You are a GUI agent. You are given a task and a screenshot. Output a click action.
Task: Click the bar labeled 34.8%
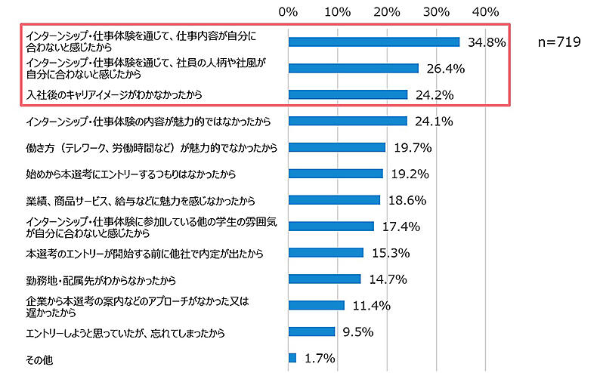tap(374, 42)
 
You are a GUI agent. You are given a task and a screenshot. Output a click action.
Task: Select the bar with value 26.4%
tap(353, 69)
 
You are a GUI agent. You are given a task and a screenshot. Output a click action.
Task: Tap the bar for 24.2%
tap(348, 95)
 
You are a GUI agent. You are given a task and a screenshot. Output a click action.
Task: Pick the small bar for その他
tap(292, 358)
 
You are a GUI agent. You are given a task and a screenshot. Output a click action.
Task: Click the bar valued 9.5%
tap(311, 331)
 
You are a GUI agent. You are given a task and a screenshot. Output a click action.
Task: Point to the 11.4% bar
tap(316, 305)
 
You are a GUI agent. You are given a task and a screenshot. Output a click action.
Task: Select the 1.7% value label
tap(320, 358)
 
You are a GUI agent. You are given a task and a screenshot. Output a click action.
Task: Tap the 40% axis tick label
tap(485, 11)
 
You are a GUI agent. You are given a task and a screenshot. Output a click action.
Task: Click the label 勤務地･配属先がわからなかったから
tap(101, 280)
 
